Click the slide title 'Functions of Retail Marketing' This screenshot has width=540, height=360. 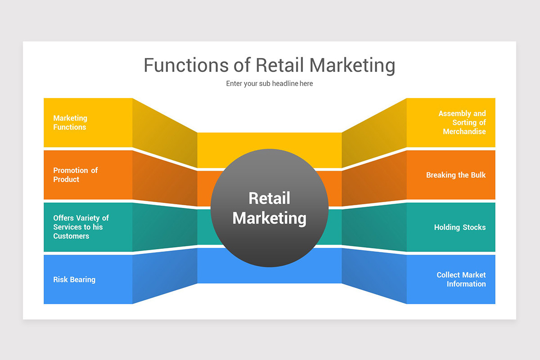coord(269,65)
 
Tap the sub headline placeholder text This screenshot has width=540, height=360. coord(269,84)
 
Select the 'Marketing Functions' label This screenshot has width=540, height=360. coord(70,122)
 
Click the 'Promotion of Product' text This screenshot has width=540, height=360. coord(75,175)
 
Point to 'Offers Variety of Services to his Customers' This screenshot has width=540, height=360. coord(81,227)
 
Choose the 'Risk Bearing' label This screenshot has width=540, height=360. coord(74,279)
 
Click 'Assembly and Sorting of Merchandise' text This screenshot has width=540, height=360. coord(462,122)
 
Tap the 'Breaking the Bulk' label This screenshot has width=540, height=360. coord(456,175)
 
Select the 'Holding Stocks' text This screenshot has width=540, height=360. coord(460,227)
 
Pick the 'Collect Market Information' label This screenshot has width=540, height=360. coord(461,279)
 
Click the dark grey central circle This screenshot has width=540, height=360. coord(270,243)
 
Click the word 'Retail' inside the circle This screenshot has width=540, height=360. coord(270,198)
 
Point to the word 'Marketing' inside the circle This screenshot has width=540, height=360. coord(270,218)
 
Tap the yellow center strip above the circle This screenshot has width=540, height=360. coord(270,142)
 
